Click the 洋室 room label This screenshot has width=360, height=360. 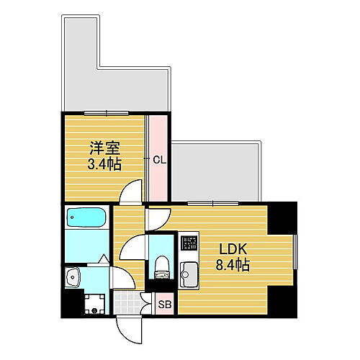(x=104, y=148)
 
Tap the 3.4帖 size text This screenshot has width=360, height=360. (x=104, y=164)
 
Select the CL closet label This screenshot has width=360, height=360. (x=160, y=160)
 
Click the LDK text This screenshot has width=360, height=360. (x=233, y=249)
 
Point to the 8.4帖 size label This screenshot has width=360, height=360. (x=233, y=266)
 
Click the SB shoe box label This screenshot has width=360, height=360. (x=164, y=305)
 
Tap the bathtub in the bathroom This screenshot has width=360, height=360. (x=86, y=217)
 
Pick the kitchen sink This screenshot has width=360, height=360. (x=189, y=274)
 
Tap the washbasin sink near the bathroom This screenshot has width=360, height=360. (x=73, y=275)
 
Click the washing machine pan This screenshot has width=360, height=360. (x=93, y=303)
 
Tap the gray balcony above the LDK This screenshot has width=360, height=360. (x=216, y=173)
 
